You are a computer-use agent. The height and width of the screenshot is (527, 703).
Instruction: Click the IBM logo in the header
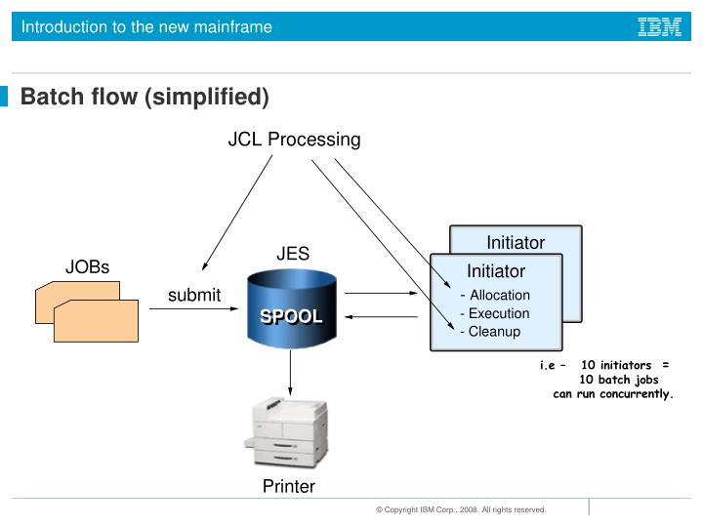click(x=659, y=27)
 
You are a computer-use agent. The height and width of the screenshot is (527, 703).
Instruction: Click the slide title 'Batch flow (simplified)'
click(x=145, y=97)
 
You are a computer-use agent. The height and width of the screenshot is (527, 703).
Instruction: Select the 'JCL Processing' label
click(x=294, y=140)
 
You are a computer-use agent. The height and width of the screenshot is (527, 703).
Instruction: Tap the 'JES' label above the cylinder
click(x=293, y=254)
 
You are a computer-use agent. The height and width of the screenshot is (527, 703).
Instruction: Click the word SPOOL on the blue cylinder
click(x=291, y=317)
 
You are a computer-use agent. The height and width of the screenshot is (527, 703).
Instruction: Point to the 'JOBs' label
click(x=88, y=267)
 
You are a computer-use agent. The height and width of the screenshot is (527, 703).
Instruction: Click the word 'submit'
click(x=194, y=295)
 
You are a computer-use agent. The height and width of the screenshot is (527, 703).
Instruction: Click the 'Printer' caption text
click(x=289, y=486)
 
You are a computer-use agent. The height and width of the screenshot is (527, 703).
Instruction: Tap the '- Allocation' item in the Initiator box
click(x=495, y=295)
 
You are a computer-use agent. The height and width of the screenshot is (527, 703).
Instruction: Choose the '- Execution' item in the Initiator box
click(x=495, y=313)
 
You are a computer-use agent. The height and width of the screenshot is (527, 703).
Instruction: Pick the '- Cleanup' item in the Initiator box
click(x=490, y=331)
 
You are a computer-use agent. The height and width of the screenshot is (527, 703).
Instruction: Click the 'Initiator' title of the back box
click(x=516, y=242)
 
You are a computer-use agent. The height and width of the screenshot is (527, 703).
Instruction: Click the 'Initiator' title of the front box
click(x=496, y=271)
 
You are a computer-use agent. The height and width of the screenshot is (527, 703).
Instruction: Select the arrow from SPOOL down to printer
click(x=291, y=372)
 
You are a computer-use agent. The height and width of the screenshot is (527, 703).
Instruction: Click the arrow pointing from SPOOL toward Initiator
click(x=368, y=292)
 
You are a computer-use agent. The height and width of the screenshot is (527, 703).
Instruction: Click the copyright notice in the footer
click(x=461, y=509)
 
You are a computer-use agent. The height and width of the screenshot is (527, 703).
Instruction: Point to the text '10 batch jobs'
click(x=619, y=380)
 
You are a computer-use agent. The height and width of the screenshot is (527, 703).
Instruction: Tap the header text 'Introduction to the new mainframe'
click(x=147, y=27)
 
